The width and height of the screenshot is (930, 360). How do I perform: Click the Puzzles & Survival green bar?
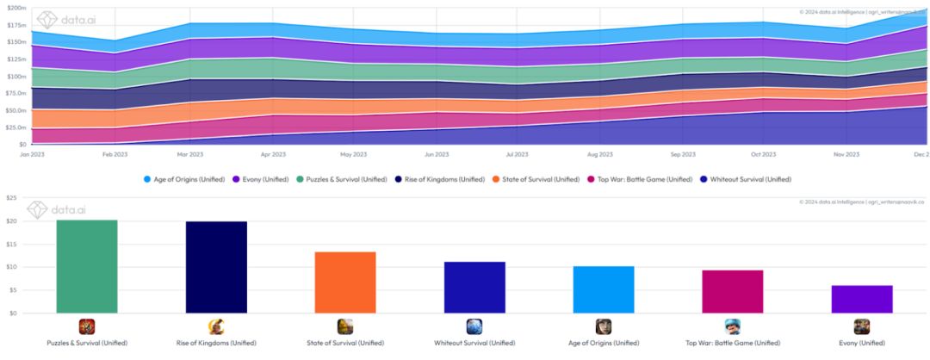click(x=86, y=266)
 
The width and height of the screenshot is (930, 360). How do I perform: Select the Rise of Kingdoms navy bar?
click(x=216, y=267)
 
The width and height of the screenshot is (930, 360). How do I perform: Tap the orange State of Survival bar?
click(x=345, y=282)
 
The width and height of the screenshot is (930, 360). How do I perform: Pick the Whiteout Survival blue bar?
click(x=474, y=287)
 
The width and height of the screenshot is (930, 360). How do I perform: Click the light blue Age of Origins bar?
click(x=604, y=289)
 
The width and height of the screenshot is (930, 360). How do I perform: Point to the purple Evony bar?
click(x=862, y=299)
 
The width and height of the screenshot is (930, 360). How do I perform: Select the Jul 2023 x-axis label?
click(x=518, y=155)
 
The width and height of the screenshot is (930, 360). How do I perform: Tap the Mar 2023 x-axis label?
click(x=190, y=155)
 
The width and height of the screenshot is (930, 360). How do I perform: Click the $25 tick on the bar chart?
click(x=10, y=198)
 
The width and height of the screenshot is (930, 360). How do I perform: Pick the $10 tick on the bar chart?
click(x=10, y=267)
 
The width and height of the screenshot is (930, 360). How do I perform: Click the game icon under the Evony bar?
click(x=862, y=326)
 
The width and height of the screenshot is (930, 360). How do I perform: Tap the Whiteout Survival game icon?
click(x=474, y=326)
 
